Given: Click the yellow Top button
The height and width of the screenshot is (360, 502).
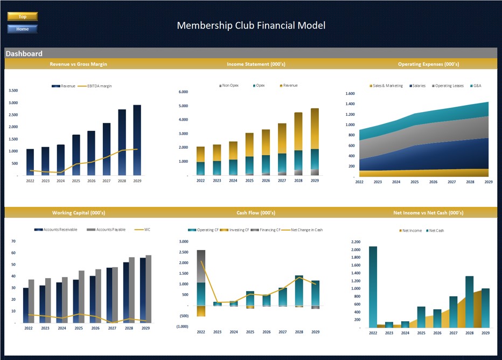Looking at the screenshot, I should (x=23, y=17).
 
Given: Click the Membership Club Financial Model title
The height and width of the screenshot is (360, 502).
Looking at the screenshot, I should (x=251, y=25).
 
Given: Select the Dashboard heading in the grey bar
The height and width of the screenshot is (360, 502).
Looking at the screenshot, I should (x=24, y=54).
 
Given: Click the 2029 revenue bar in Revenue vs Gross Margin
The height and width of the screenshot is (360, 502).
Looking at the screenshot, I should (x=137, y=140).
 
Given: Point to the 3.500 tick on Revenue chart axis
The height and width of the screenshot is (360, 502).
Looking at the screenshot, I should (x=13, y=91).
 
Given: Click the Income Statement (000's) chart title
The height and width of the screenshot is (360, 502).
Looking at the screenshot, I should (x=256, y=64).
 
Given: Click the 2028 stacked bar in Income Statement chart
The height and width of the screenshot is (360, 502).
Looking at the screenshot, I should (x=298, y=144).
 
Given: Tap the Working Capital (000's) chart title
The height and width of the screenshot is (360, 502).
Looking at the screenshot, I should (x=78, y=213).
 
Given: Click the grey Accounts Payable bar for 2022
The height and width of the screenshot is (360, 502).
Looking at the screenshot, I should (x=31, y=301).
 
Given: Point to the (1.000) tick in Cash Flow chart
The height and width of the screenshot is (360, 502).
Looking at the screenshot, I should (x=183, y=327).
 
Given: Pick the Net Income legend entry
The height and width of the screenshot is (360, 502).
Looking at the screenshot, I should (x=412, y=231).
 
